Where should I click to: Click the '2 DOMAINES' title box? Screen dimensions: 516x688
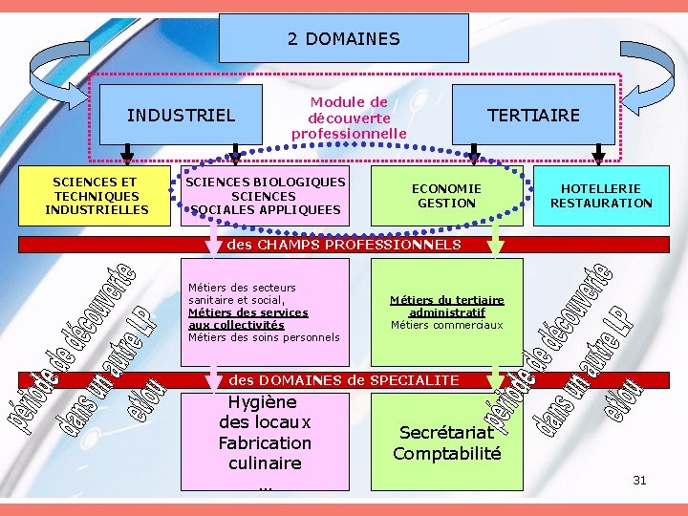343,39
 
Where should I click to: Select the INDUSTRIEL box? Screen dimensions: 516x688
181,116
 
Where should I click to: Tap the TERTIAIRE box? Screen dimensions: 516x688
533,116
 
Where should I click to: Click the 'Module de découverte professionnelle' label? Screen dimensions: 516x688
349,118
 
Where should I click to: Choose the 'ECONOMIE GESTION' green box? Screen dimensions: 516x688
446,196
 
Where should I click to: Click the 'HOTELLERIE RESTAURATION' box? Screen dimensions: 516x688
601,196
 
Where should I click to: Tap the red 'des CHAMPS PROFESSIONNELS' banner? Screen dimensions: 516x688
344,245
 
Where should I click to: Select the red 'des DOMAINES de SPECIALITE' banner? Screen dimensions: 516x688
344,380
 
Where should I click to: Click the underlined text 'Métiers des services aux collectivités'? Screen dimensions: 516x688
247,318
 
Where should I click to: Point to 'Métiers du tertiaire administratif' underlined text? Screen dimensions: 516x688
446,306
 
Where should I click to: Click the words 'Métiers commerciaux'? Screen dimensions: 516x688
446,325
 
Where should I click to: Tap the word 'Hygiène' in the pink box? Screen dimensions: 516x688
263,402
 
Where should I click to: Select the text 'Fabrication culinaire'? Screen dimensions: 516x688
265,453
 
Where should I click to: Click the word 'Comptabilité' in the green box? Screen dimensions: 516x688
446,454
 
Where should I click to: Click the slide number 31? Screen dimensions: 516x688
639,481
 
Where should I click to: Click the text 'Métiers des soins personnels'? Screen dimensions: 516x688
264,336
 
